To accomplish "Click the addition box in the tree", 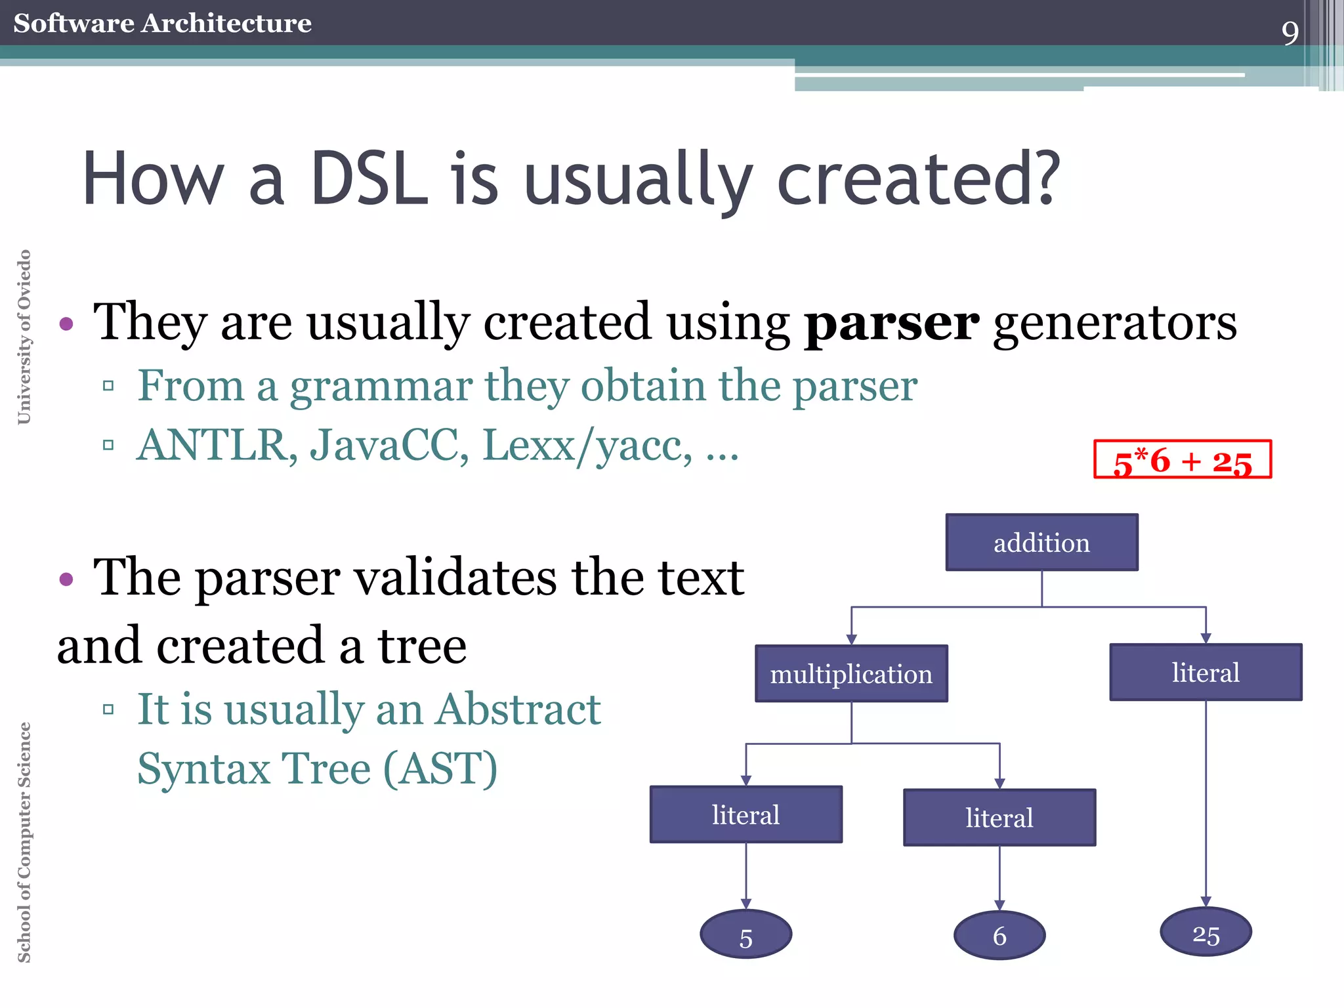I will click(1041, 542).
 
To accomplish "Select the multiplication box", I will click(851, 673).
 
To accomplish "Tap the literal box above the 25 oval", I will click(1206, 672).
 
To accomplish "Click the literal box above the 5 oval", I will click(745, 814).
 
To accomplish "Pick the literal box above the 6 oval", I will click(999, 818).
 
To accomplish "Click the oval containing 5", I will click(745, 934).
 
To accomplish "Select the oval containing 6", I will click(999, 935).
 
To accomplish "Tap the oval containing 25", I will click(1206, 932).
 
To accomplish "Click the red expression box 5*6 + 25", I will click(1183, 459).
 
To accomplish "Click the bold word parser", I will click(891, 323).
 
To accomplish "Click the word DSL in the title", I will click(369, 178).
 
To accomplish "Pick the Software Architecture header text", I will click(162, 23).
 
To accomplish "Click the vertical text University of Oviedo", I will click(24, 337).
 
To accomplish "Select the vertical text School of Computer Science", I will click(24, 842).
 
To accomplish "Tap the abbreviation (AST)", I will click(440, 768).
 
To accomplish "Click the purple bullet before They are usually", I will click(66, 324).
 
